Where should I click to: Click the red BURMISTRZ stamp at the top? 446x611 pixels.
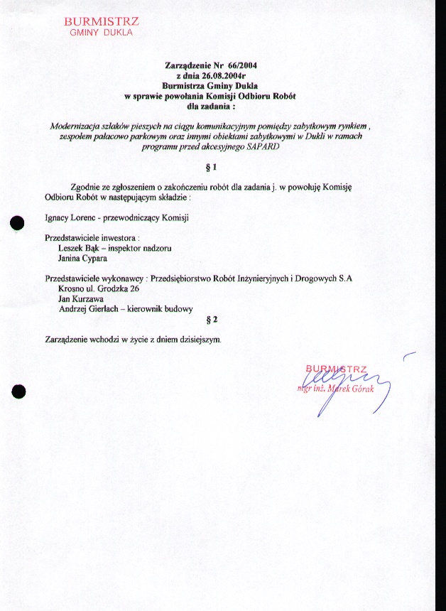100,26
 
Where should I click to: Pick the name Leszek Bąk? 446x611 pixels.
77,249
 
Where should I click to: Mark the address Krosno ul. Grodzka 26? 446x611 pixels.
98,289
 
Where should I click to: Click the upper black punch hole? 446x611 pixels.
18,222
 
